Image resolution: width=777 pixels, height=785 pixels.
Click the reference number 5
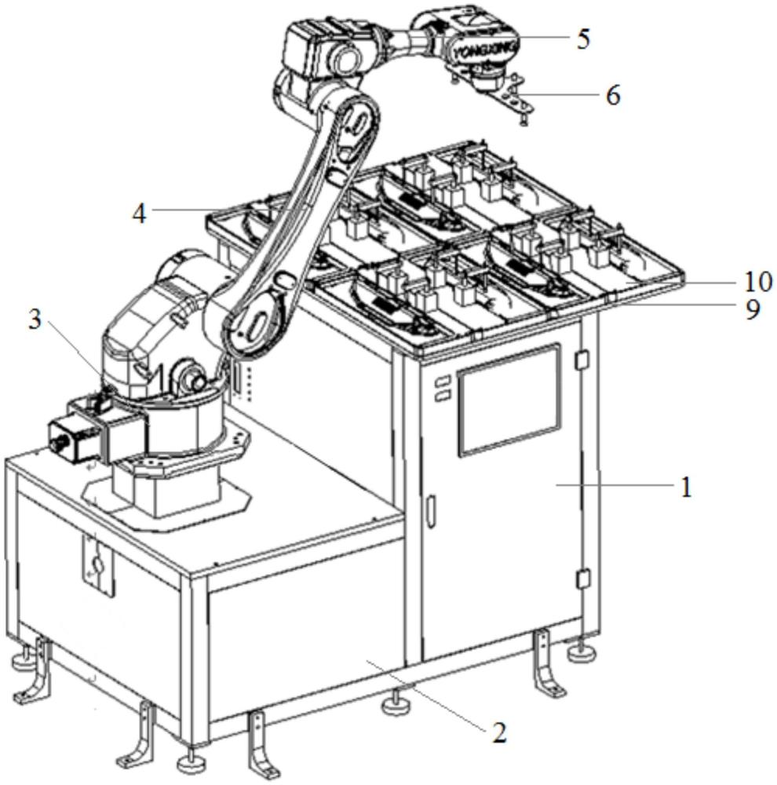[583, 38]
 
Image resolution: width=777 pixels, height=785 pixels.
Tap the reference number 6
[613, 95]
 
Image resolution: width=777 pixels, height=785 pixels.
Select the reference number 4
[139, 214]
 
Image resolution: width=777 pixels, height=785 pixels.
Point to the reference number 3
[35, 319]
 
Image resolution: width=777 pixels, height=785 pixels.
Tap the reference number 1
[687, 487]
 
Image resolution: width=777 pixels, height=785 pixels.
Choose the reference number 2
[499, 732]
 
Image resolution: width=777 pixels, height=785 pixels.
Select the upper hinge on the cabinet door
[582, 360]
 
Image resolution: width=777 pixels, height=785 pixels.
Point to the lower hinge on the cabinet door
[582, 579]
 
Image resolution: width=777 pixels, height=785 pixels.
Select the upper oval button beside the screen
[442, 382]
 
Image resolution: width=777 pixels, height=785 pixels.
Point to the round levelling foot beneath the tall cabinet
[581, 652]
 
